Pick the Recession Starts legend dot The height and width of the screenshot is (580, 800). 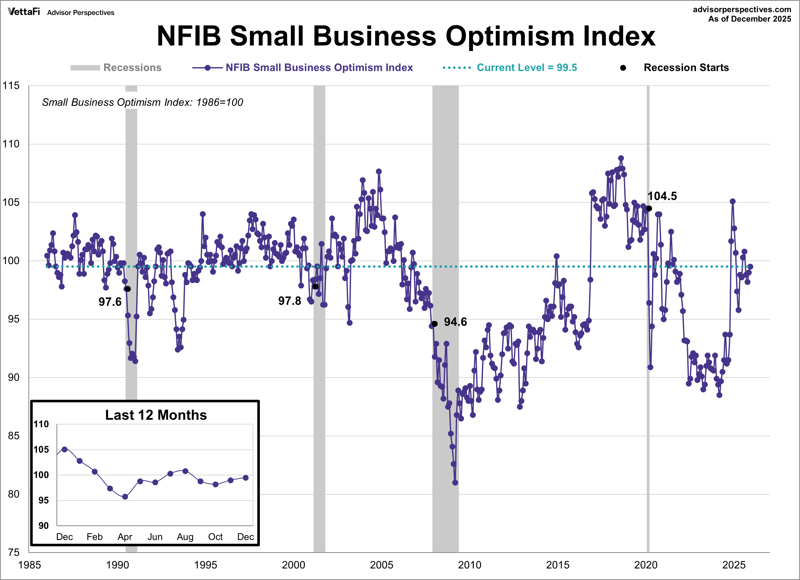[x=623, y=68]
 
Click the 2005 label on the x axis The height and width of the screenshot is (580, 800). [x=381, y=565]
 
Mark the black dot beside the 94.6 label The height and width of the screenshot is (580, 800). [x=435, y=323]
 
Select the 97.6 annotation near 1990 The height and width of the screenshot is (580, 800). [x=110, y=302]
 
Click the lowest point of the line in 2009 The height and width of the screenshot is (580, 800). [x=455, y=482]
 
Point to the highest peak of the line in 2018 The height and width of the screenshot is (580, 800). [x=621, y=158]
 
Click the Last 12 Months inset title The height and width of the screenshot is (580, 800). [x=156, y=415]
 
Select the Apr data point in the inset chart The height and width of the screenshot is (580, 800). [x=125, y=497]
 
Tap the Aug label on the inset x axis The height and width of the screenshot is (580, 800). [x=185, y=537]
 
